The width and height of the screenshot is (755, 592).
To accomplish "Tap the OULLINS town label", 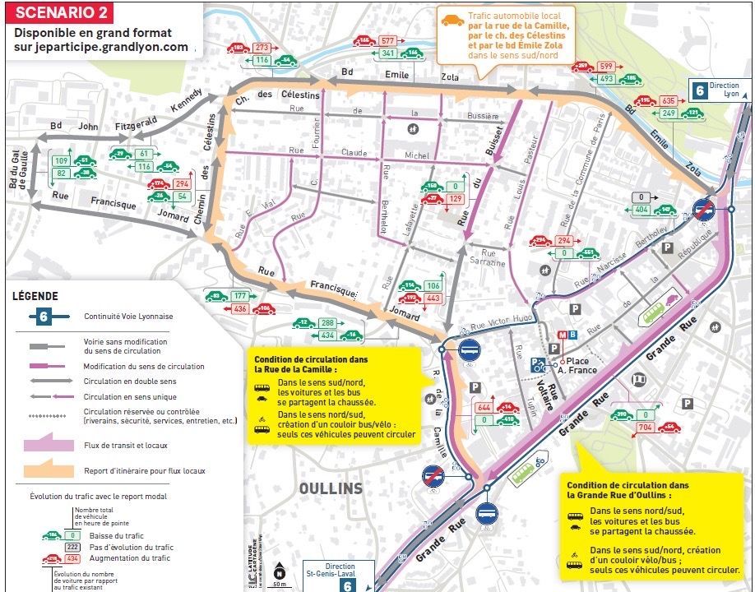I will click(x=330, y=488).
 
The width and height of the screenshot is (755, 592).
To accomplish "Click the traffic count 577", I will click(x=389, y=40).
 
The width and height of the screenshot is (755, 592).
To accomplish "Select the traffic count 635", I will click(x=669, y=100).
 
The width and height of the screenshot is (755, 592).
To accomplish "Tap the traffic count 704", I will click(x=646, y=428).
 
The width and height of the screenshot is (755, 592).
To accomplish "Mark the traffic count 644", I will click(x=483, y=408).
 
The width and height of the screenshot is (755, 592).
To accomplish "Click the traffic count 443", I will click(x=433, y=298).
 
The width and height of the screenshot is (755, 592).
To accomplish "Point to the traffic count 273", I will click(x=262, y=48).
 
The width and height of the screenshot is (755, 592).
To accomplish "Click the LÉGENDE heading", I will click(x=35, y=296).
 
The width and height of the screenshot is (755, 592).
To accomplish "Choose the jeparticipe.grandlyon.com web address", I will click(x=101, y=47).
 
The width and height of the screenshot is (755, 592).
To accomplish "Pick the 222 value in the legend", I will click(x=72, y=547).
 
